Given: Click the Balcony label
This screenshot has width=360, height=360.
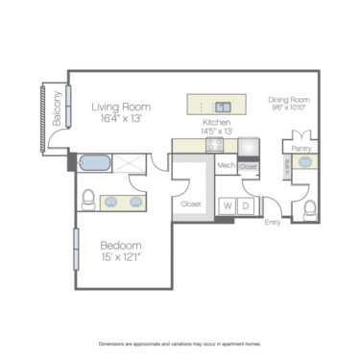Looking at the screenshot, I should (57, 108).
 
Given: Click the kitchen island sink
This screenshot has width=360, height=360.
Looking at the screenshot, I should (223, 108).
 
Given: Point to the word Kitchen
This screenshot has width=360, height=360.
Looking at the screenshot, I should (216, 123).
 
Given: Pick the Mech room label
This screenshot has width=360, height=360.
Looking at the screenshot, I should (226, 166).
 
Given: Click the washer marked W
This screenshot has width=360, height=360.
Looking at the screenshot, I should (228, 204).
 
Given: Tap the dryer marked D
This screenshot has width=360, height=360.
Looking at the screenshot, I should (246, 204).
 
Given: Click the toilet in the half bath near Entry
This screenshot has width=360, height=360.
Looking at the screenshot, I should (309, 208).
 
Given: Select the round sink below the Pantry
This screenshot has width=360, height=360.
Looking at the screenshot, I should (305, 163).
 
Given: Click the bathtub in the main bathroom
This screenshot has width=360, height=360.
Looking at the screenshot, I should (96, 162).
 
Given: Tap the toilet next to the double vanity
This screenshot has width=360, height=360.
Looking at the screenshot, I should (88, 199).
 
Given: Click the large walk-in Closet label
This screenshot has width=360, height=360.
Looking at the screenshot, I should (190, 204).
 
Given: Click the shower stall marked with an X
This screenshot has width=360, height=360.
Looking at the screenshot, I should (129, 162).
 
